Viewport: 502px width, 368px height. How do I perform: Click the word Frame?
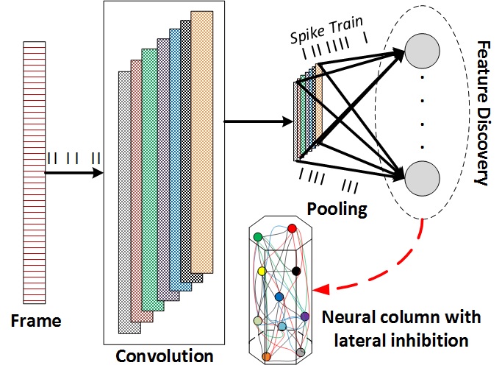click(x=35, y=321)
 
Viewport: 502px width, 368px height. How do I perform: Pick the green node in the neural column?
click(x=258, y=236)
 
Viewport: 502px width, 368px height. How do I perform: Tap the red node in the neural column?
click(x=292, y=229)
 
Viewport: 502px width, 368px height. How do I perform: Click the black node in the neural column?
click(x=295, y=272)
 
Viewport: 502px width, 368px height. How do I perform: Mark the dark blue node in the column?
click(x=279, y=297)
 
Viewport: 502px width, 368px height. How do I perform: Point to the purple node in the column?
click(x=305, y=316)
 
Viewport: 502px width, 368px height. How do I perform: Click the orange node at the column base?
click(x=266, y=357)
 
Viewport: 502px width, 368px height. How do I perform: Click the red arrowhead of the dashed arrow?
click(x=318, y=293)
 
